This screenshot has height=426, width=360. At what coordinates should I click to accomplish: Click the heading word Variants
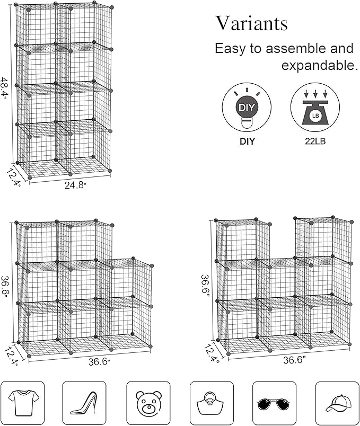[251, 24]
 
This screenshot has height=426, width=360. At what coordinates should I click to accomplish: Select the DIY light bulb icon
[246, 108]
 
